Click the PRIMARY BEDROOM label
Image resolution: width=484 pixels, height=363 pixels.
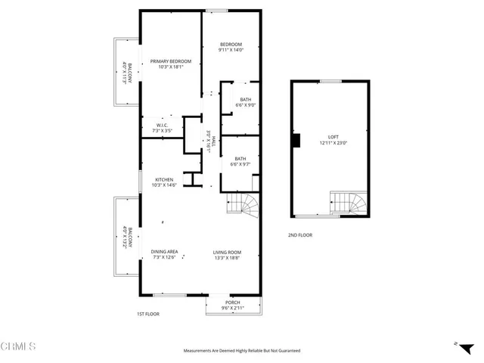pos(170,64)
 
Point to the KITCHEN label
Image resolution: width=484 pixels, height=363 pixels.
pos(164,182)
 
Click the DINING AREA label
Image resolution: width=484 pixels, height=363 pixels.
pos(164,254)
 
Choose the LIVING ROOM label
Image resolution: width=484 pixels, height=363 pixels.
pos(226,254)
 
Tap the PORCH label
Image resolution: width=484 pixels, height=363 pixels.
pos(232,305)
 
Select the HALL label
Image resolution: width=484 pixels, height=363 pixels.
pos(211,141)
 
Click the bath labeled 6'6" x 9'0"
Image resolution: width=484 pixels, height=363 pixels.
pos(246,102)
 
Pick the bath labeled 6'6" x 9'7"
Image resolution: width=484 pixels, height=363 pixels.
pos(240,161)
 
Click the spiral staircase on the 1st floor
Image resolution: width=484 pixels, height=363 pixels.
pos(244,203)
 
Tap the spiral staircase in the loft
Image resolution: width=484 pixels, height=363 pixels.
pos(349,203)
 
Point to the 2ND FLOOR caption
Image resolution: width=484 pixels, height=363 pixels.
pos(299,235)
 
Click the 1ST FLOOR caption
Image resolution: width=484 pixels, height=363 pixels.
pos(147,314)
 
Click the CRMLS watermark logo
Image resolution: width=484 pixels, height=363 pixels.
pos(19,347)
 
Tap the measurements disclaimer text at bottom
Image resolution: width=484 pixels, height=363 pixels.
pos(242,351)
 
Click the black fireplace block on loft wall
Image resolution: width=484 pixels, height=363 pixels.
pos(296,140)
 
